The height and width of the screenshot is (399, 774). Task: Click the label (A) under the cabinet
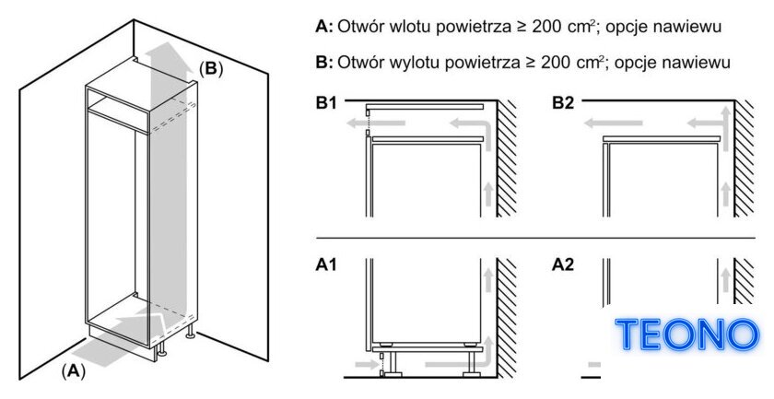pos(73,370)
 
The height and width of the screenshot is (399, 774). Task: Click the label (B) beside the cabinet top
pos(211,68)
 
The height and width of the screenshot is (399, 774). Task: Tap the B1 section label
pos(326,104)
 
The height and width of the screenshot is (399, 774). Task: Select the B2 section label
pos(563,104)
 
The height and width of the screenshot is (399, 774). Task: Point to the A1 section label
pos(326,265)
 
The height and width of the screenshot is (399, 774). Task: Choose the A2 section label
pos(563,265)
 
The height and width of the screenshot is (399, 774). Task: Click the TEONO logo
pos(686,334)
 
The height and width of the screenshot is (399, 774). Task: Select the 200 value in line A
pos(548,27)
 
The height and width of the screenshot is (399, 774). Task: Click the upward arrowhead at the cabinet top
pos(169,54)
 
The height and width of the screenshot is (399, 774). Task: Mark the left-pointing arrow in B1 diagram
pos(376,123)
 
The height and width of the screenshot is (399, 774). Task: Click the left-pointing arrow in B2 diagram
pos(613,123)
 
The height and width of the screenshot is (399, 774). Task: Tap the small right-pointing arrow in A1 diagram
pos(367,365)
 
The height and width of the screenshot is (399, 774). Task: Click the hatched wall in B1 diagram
pos(507,158)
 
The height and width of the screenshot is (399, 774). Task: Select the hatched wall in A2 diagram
pos(744,281)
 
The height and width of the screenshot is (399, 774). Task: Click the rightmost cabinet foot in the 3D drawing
pos(189,333)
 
